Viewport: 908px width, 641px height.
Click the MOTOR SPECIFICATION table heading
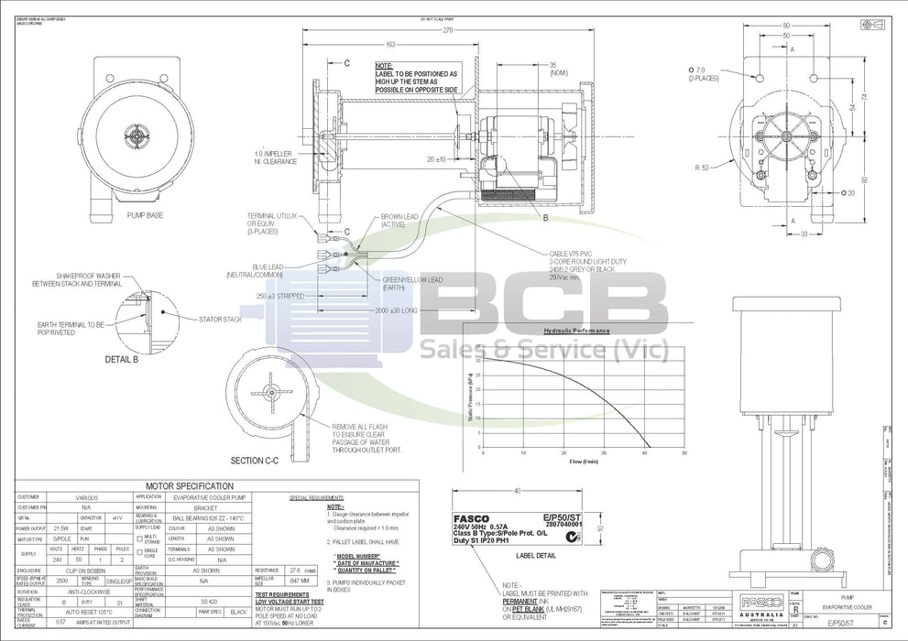(190, 485)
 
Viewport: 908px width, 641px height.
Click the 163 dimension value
(391, 44)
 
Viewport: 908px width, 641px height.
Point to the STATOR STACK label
(221, 320)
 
